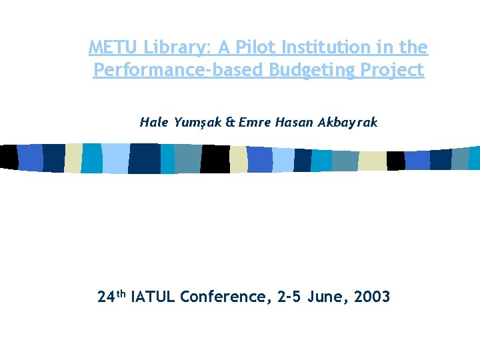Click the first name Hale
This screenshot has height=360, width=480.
pos(153,122)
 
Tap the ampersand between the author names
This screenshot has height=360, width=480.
pos(231,122)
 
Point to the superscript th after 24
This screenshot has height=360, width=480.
pos(121,293)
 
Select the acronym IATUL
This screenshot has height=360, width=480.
pos(153,297)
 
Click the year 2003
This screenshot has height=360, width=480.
pos(373,297)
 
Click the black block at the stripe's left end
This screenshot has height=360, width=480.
pos(8,156)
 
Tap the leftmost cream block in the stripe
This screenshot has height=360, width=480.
pos(73,158)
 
